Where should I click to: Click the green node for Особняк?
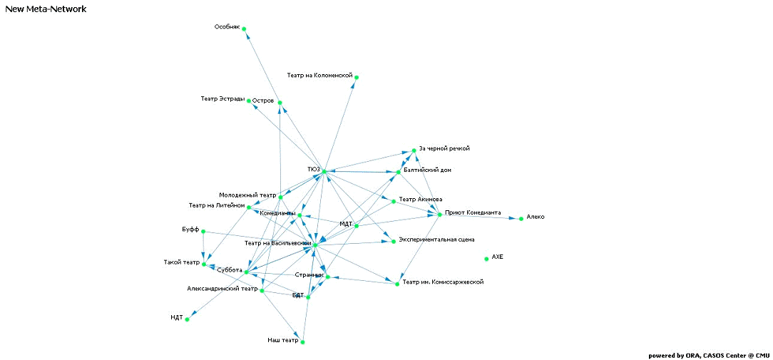[244, 29]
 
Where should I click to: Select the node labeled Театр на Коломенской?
[357, 77]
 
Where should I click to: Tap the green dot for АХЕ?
[487, 259]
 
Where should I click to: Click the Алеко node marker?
[521, 219]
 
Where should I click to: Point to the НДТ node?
[188, 319]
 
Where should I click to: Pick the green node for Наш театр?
[303, 342]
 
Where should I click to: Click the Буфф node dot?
[203, 232]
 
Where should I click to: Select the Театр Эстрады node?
[249, 101]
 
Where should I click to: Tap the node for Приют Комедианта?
[440, 215]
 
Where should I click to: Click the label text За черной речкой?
[444, 148]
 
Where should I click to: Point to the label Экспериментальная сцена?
[436, 240]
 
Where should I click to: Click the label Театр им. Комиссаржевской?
[443, 282]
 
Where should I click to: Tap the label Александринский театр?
[222, 289]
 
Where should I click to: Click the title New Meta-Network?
[46, 9]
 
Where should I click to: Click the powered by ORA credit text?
[708, 355]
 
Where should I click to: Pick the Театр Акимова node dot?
[393, 201]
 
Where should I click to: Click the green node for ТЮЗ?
[323, 172]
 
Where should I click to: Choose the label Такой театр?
[181, 262]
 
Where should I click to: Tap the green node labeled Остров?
[280, 103]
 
